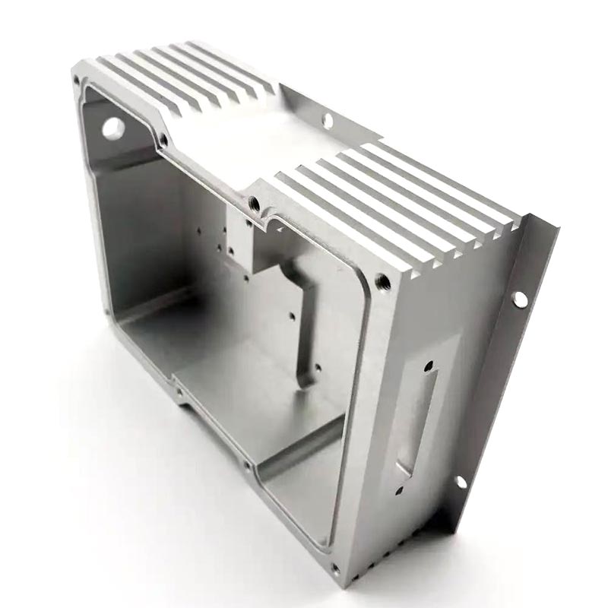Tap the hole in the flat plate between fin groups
tap(327, 119)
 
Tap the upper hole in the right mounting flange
tap(520, 299)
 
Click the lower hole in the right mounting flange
tap(460, 482)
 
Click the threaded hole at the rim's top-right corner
tap(383, 283)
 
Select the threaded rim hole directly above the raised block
tap(255, 203)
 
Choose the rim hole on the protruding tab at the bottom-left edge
tap(179, 393)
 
